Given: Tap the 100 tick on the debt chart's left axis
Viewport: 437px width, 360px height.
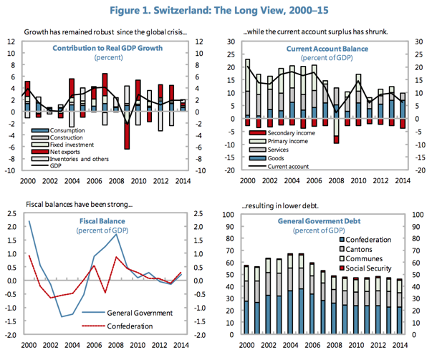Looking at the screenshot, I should click(x=229, y=215).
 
